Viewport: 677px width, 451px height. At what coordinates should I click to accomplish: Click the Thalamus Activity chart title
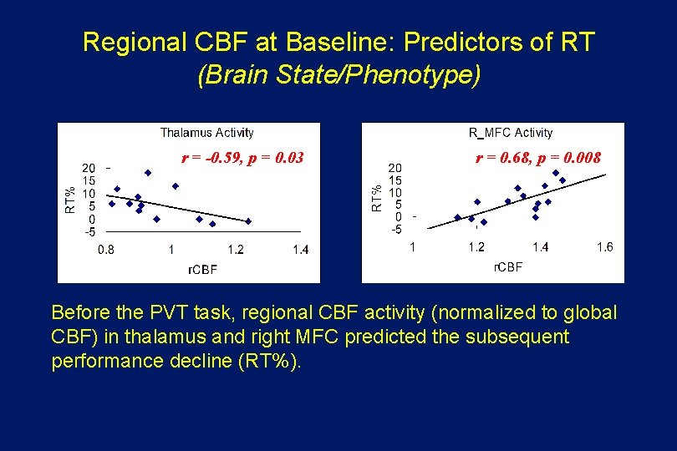[206, 132]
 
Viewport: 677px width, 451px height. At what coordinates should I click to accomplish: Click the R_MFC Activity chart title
[511, 132]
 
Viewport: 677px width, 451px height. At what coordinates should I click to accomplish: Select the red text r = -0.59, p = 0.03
[242, 157]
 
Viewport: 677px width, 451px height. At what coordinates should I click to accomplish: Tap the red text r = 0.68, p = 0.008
[538, 157]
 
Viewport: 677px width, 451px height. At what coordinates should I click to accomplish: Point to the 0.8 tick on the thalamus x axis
[107, 249]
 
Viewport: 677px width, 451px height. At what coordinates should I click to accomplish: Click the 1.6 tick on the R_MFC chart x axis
[604, 246]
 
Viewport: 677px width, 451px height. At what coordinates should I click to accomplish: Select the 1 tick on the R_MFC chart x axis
[412, 246]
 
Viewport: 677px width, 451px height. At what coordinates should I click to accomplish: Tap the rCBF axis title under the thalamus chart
[203, 270]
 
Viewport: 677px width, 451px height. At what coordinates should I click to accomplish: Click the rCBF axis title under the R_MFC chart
[507, 267]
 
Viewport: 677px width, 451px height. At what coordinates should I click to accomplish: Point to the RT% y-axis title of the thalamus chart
[70, 200]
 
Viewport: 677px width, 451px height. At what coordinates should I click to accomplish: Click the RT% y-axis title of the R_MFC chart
[377, 198]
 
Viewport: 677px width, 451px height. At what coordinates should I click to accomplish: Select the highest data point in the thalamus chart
[148, 173]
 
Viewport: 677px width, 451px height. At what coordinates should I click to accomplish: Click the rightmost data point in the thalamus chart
[248, 221]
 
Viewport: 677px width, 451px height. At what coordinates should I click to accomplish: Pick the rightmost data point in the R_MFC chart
[562, 180]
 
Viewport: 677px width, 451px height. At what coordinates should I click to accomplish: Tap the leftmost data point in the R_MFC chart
[457, 217]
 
